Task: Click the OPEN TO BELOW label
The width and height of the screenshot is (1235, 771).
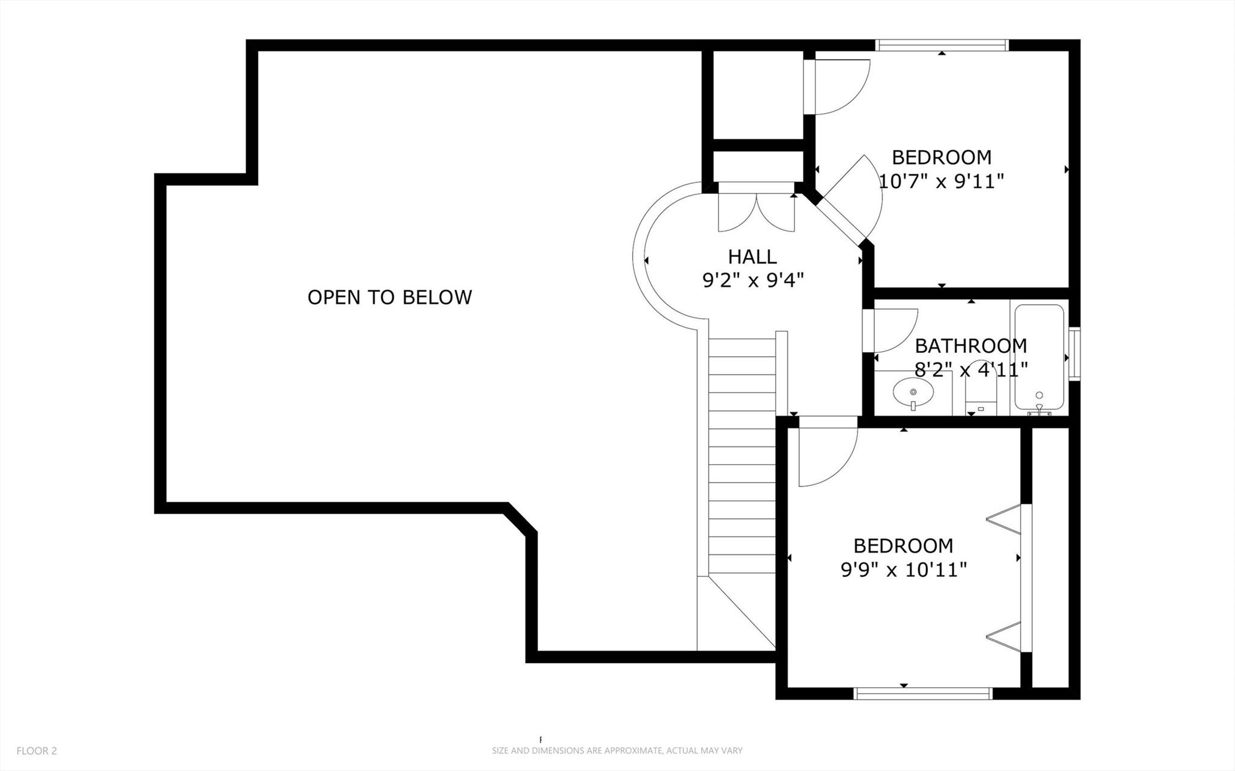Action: point(389,297)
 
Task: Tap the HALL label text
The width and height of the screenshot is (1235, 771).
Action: point(752,257)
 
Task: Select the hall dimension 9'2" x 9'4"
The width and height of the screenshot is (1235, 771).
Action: point(753,281)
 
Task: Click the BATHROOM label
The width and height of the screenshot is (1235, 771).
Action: point(970,346)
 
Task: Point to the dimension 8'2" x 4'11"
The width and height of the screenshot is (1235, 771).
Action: point(971,369)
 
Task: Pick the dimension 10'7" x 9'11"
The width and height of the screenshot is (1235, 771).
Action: point(941,181)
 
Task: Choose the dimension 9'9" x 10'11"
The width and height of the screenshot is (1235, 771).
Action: point(903,570)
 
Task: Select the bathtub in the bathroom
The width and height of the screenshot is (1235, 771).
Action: point(1039,357)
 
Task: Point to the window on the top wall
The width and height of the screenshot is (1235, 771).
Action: point(942,45)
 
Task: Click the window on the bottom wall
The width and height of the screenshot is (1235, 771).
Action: point(923,694)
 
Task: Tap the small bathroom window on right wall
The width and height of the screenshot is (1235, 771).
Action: point(1074,354)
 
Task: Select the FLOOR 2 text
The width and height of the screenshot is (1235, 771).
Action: point(37,751)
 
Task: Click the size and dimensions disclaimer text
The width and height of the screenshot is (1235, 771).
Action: point(617,751)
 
